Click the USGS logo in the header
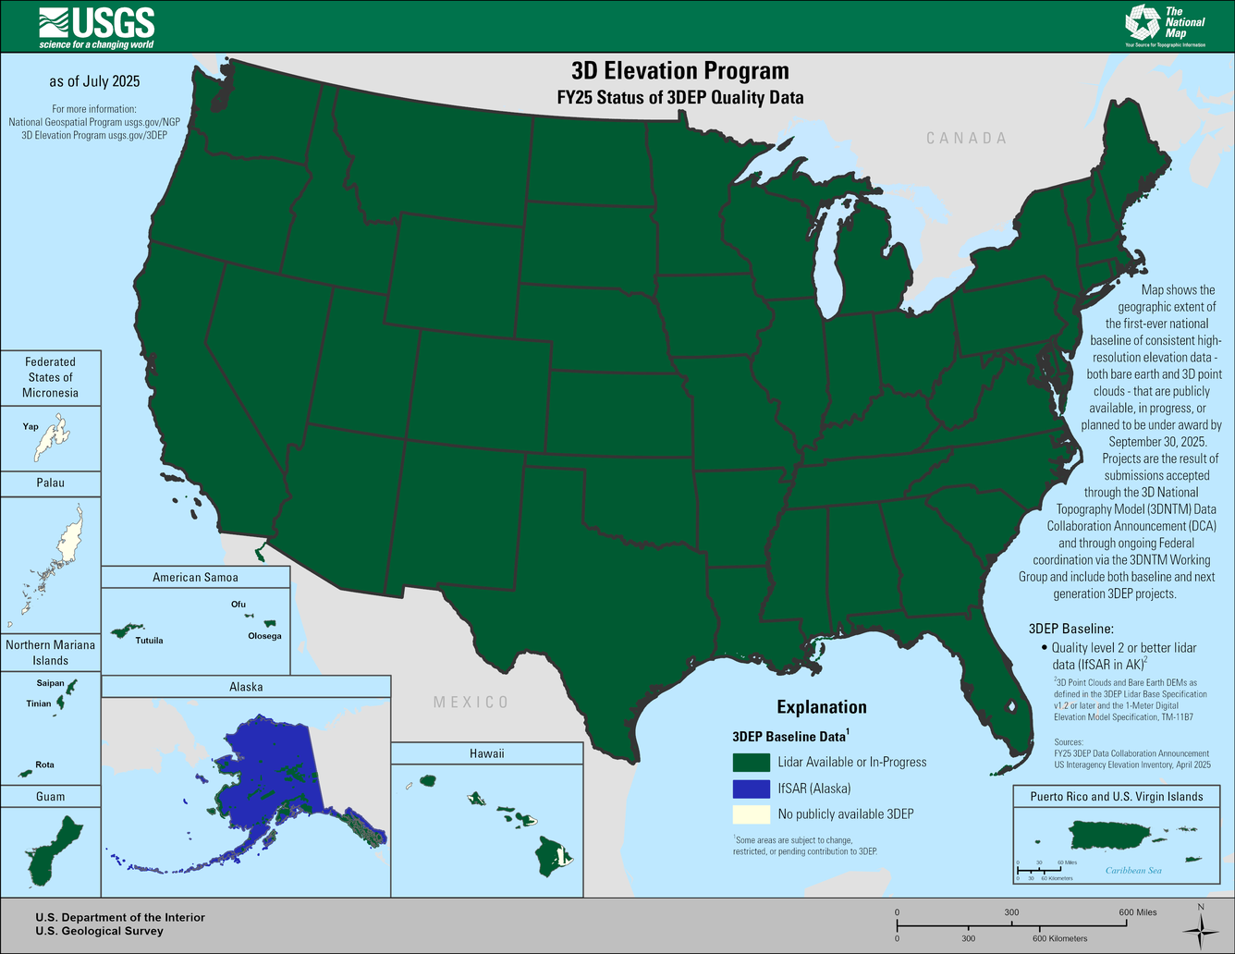(97, 26)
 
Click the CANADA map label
(967, 138)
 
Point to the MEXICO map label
(471, 703)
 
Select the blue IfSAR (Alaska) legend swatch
(751, 789)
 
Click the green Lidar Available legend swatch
(751, 763)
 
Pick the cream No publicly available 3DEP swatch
(751, 814)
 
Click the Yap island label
(31, 427)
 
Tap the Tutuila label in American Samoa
(149, 640)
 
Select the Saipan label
(50, 683)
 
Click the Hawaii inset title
(487, 753)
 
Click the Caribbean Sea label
(1133, 871)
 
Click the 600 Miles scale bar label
(1137, 912)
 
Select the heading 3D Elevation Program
(679, 71)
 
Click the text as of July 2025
(94, 81)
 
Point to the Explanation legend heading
(822, 707)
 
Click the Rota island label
(44, 764)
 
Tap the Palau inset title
(51, 483)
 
